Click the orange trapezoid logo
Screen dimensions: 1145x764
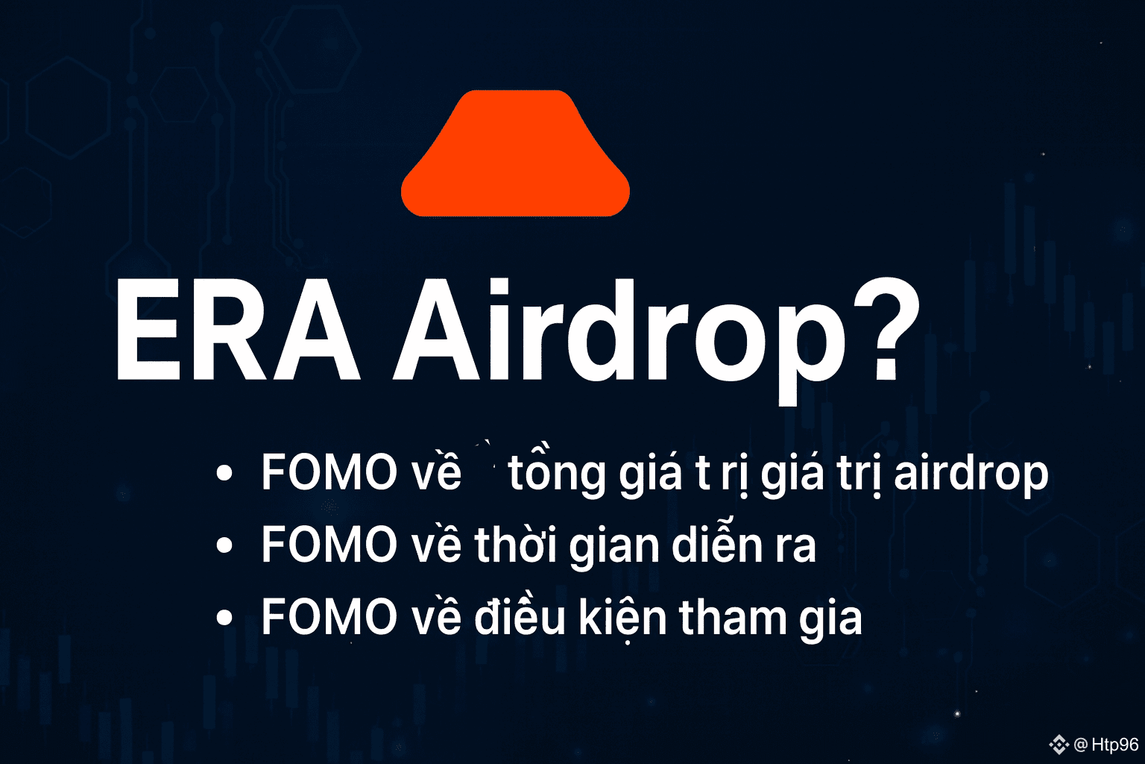pyautogui.click(x=515, y=154)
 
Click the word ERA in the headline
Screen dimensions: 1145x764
pyautogui.click(x=239, y=330)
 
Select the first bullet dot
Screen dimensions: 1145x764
pyautogui.click(x=224, y=473)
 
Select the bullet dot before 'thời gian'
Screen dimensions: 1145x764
pyautogui.click(x=224, y=545)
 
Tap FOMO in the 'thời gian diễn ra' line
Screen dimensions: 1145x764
pyautogui.click(x=329, y=544)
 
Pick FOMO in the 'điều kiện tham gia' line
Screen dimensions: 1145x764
pyautogui.click(x=329, y=616)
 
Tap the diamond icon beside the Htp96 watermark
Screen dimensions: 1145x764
pyautogui.click(x=1059, y=744)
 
